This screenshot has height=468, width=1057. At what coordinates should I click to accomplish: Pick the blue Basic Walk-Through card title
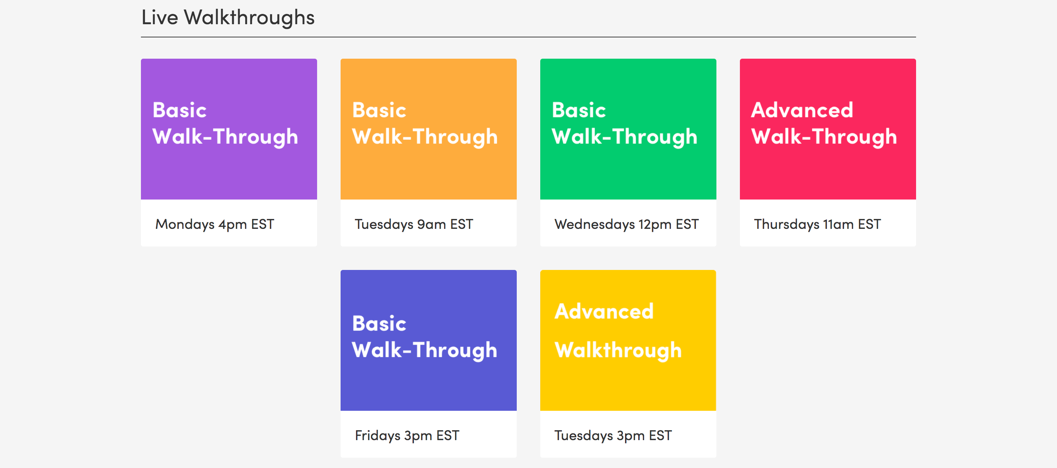[425, 337]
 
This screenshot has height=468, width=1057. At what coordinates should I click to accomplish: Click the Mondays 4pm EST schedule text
[215, 224]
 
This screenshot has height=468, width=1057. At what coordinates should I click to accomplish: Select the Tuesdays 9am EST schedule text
[414, 224]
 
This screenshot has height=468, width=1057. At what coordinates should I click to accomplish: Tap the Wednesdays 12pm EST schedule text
[626, 224]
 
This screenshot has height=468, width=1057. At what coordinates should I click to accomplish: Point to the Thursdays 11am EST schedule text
[817, 224]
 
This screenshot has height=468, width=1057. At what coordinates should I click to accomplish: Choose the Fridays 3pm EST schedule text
[407, 436]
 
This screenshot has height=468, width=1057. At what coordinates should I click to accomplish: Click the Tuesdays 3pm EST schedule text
[613, 436]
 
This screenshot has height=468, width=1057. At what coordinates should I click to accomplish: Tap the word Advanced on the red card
[802, 110]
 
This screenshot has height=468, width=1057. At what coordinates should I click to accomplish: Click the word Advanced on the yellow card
[604, 311]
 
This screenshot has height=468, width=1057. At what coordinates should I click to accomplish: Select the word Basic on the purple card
[179, 110]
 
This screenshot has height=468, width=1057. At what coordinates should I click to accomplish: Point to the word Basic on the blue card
[379, 323]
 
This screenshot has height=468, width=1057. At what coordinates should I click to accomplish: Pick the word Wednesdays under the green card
[595, 224]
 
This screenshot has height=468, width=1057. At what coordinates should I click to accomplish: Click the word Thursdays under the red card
[787, 224]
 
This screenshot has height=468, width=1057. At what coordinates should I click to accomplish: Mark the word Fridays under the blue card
[378, 436]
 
